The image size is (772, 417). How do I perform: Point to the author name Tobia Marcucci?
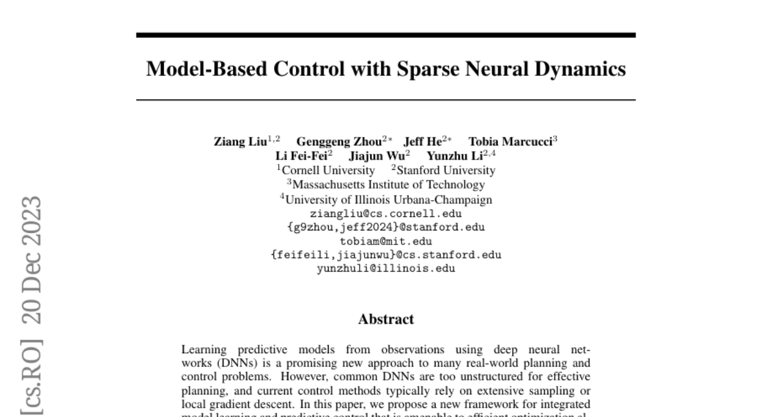coord(510,142)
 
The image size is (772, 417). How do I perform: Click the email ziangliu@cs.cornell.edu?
coord(386,213)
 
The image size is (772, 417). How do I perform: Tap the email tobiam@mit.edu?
coord(386,241)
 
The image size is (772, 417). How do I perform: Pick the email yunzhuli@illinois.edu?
coord(386,269)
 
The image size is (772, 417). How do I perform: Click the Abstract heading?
coord(386,319)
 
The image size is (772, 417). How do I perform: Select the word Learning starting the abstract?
coord(203,349)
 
